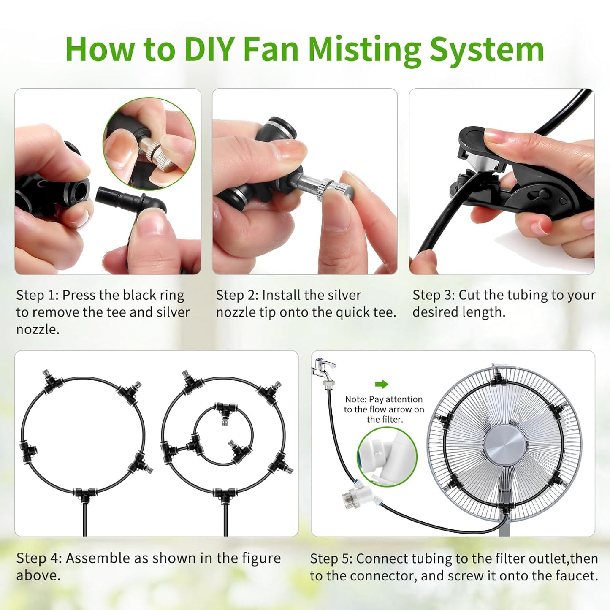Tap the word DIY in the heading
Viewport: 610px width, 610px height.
(x=209, y=50)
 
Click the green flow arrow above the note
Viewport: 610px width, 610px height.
(x=381, y=384)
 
